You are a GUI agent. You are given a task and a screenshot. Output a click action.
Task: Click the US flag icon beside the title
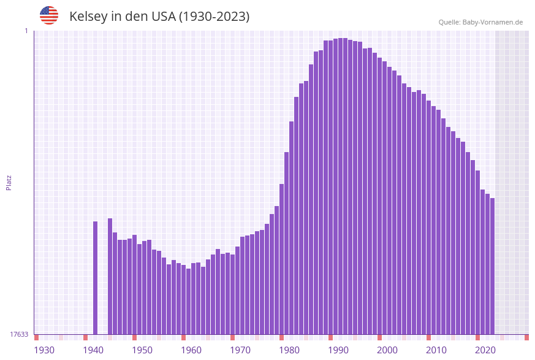click(49, 15)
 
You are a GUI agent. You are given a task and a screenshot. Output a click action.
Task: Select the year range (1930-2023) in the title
click(214, 17)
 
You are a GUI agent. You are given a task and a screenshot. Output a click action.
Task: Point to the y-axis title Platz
click(9, 182)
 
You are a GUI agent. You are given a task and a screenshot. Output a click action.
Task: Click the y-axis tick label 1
click(26, 31)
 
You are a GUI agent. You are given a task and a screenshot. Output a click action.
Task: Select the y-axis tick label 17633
click(19, 334)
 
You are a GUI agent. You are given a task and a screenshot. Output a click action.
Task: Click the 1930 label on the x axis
click(44, 350)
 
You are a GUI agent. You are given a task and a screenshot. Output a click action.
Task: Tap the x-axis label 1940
click(93, 350)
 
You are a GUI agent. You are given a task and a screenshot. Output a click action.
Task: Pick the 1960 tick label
click(191, 350)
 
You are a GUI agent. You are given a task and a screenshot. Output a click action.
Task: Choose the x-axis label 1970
click(240, 350)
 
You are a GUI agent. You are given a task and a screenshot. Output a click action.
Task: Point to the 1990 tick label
click(338, 350)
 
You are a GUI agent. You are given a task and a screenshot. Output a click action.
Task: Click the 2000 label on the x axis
click(387, 350)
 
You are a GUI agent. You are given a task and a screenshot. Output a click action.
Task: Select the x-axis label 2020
click(485, 350)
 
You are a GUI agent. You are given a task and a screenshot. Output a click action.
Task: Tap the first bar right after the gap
click(110, 276)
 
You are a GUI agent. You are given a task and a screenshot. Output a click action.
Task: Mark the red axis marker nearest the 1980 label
click(282, 337)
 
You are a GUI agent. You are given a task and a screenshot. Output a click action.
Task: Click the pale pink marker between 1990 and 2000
click(355, 337)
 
